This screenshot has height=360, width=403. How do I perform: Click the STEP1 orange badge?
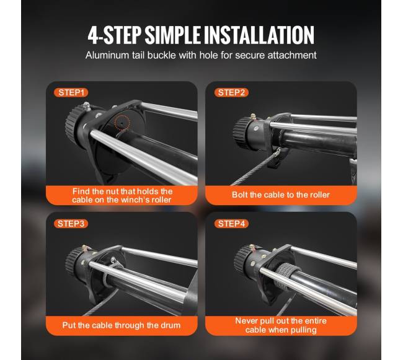71,92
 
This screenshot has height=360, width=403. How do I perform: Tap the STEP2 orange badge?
231,92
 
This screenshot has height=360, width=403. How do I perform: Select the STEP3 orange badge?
71,224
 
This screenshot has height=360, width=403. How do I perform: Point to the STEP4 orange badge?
231,224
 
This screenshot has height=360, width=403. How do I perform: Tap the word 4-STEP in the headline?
115,35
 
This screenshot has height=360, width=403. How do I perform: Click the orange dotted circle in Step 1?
122,123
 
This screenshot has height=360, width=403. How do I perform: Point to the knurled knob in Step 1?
72,123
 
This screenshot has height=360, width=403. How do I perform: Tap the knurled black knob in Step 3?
71,261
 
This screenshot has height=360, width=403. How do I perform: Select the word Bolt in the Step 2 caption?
240,195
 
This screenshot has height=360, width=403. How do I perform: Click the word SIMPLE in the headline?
173,35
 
